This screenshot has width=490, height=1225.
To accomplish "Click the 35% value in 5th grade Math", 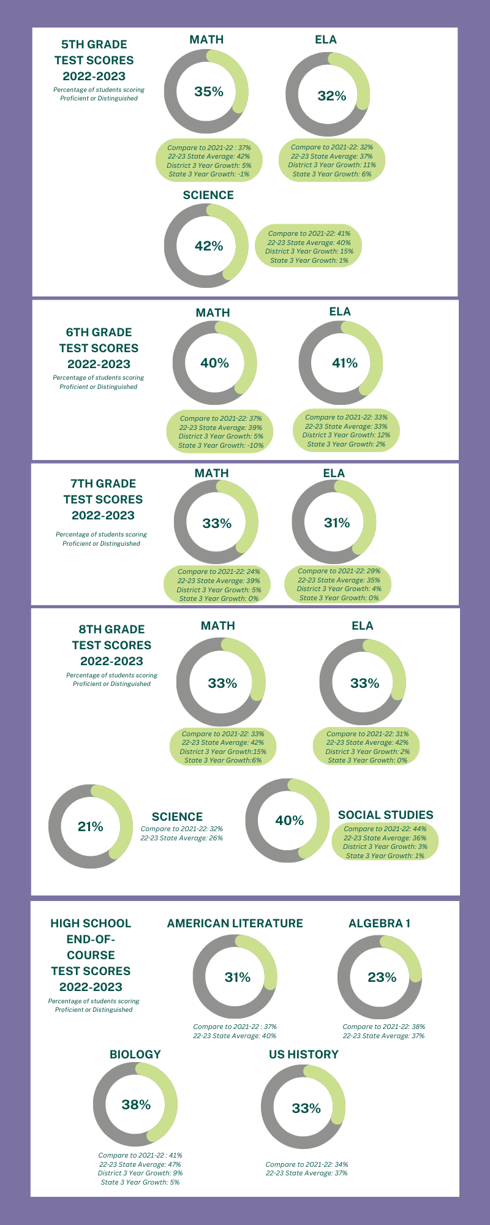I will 209,91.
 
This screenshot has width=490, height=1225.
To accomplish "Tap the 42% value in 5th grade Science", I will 209,246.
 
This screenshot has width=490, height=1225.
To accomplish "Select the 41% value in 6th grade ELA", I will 344,363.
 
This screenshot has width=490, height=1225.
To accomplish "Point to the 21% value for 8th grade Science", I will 91,826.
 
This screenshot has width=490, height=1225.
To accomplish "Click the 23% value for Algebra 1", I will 382,977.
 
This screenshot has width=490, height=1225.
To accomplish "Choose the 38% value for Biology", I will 136,1104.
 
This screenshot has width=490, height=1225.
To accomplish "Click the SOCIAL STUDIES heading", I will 385,815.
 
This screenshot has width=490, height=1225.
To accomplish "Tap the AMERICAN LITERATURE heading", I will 235,923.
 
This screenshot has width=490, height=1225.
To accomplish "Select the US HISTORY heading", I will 304,1054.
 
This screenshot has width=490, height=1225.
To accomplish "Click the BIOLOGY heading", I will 135,1054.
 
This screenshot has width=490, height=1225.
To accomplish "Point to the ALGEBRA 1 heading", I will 380,923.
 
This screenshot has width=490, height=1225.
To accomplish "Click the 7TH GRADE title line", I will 103,483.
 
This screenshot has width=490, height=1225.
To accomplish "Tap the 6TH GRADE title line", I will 99,332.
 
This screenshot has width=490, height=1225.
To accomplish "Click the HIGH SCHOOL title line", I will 91,923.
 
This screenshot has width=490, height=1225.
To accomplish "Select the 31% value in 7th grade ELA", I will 337,522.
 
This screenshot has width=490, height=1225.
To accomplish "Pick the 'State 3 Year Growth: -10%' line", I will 221,445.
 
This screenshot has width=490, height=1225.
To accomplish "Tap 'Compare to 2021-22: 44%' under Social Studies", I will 385,829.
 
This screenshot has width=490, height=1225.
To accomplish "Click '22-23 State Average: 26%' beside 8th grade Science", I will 182,838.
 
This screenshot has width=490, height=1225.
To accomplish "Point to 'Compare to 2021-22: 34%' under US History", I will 307,1164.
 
